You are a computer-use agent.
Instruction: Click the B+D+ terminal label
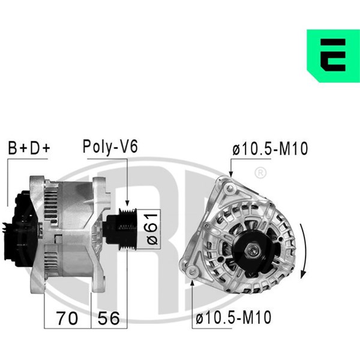point(29,148)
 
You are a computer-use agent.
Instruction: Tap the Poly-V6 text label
point(110,147)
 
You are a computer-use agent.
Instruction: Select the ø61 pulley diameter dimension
point(152,229)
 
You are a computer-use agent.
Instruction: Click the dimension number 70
point(67,318)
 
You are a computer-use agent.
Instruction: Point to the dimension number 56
point(109,318)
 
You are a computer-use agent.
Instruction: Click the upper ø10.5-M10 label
point(270,149)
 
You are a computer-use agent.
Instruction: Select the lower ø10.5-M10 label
point(233,317)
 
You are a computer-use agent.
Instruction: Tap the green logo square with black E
point(334,56)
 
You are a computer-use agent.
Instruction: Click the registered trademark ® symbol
point(260,173)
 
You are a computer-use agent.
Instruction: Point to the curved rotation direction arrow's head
point(303,275)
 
